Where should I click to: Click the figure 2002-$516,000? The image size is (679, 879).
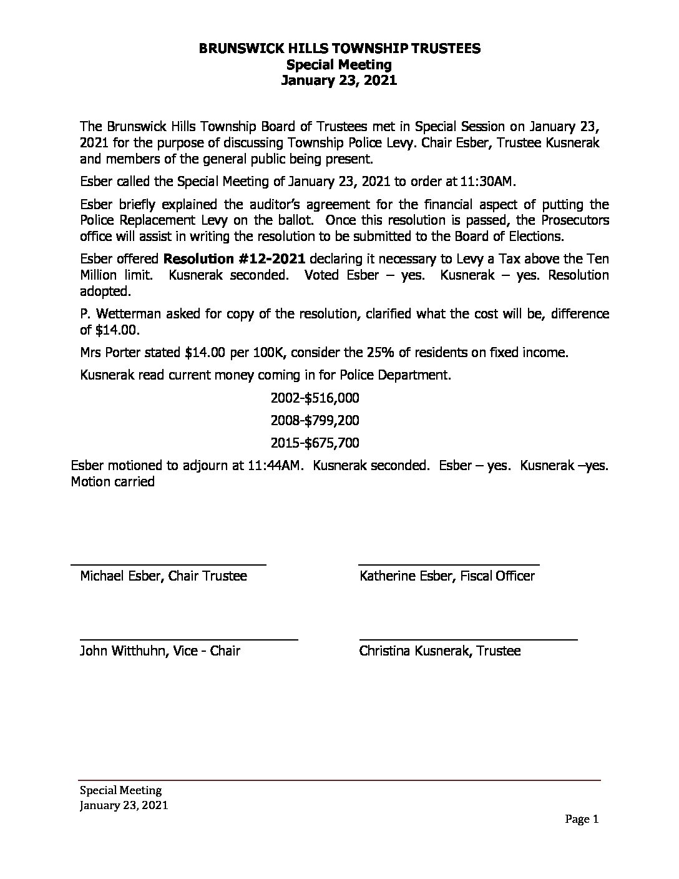315,398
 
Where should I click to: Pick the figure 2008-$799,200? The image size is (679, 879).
315,420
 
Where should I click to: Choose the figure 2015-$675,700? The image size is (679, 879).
315,443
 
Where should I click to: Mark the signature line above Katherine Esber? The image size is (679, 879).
449,564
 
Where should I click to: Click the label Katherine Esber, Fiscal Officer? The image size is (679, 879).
447,576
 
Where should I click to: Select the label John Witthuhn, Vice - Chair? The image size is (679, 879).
160,651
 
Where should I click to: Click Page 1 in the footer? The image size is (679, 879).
582,820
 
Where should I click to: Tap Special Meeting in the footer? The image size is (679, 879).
120,790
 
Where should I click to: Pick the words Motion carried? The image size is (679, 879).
113,481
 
